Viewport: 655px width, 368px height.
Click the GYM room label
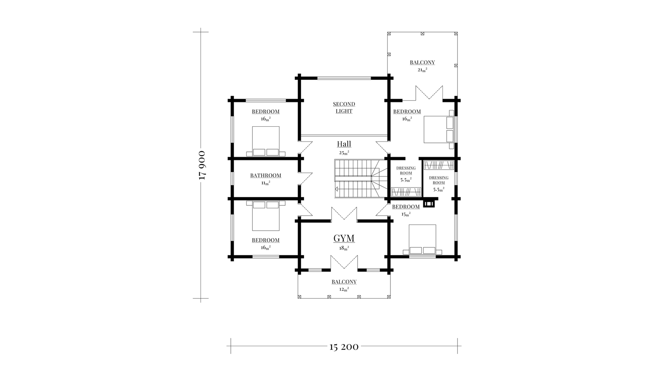tap(344, 238)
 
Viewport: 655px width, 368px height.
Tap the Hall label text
tap(344, 144)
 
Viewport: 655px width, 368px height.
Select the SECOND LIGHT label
tap(344, 108)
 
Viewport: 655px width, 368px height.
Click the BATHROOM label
tap(266, 175)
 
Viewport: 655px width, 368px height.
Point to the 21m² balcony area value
tap(422, 70)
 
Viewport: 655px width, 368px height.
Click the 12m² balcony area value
tap(344, 289)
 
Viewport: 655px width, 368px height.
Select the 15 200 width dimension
tap(344, 347)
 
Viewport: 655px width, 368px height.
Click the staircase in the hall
tap(361, 179)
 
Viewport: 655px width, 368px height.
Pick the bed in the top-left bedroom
tap(266, 141)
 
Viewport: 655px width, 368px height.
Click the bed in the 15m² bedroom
tap(423, 239)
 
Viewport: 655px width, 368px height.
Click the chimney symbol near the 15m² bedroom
tap(429, 204)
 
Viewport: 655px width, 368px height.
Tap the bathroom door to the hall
tap(305, 179)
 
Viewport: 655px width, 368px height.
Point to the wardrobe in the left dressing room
tap(405, 192)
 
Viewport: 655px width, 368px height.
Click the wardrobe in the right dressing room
tap(439, 165)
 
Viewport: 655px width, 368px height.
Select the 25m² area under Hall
tap(344, 153)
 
